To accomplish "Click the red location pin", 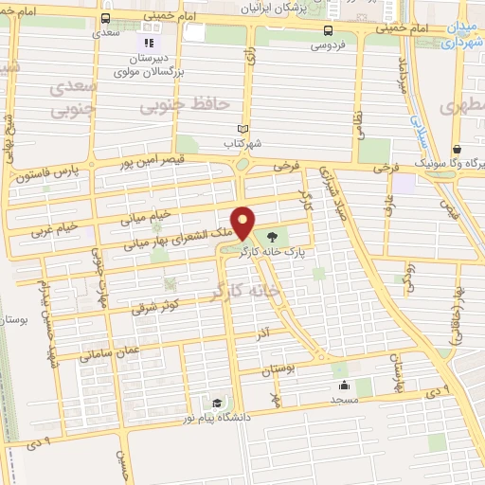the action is click(x=243, y=223).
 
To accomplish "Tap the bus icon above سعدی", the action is click(x=104, y=18).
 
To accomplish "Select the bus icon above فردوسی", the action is click(x=328, y=29).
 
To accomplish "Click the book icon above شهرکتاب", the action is click(x=242, y=130).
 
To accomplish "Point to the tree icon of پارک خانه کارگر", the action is click(x=274, y=238).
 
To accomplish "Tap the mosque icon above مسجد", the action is click(x=343, y=386).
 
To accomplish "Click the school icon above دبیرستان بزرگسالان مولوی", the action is click(x=147, y=43).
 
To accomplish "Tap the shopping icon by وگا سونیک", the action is click(x=458, y=150).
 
